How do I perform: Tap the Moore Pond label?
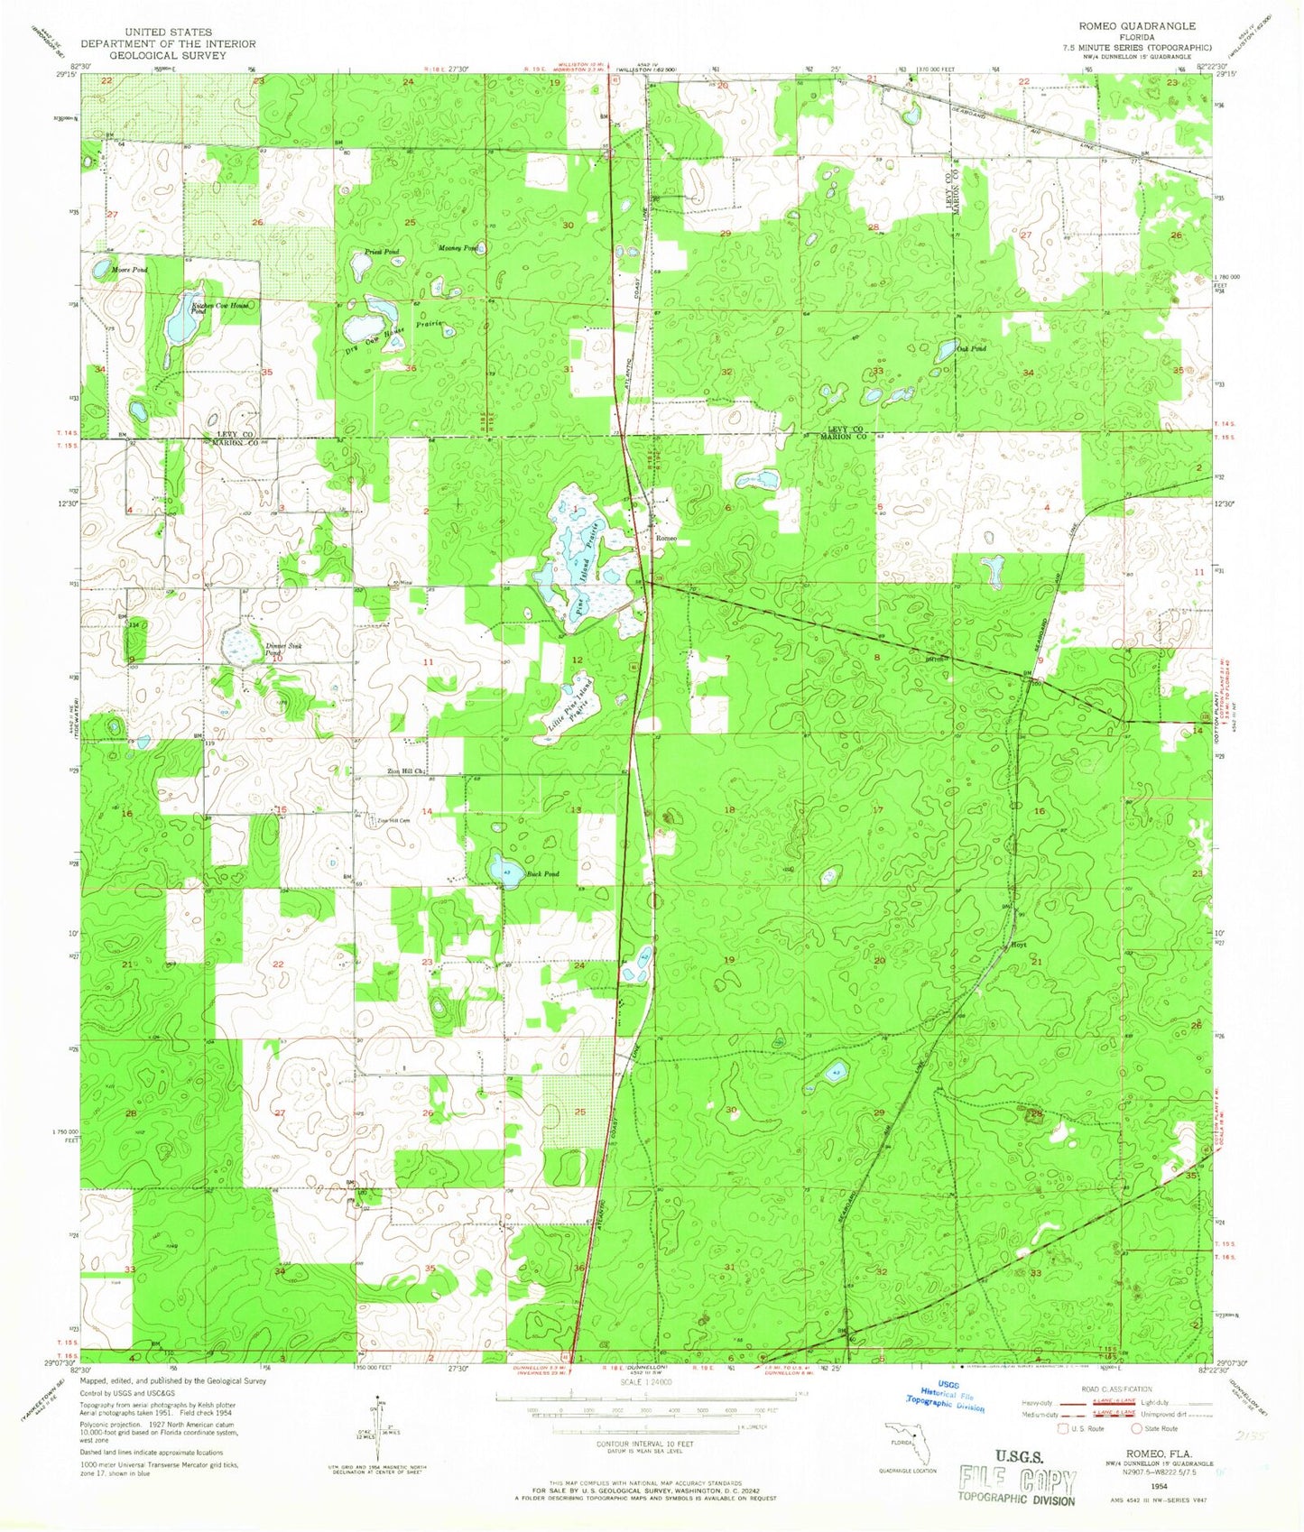click(x=129, y=270)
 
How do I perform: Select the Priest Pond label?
click(x=382, y=252)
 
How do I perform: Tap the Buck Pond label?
click(x=543, y=873)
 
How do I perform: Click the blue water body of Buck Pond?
click(x=505, y=872)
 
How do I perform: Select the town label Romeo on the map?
click(x=666, y=539)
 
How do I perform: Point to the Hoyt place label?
click(x=1019, y=945)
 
